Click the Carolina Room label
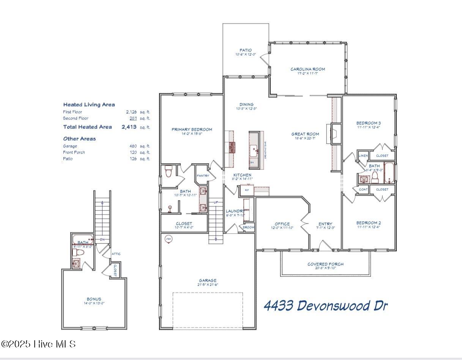coord(307,69)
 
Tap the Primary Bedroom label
coord(192,129)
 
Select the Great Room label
coord(305,134)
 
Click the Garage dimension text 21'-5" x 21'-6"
coord(208,285)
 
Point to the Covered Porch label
coord(325,264)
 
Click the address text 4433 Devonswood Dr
coord(325,305)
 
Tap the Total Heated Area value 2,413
coord(129,127)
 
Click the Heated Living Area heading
coord(89,104)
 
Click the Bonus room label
coord(94,299)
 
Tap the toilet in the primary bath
coord(169,172)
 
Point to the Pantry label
coord(203,176)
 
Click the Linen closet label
coord(363,156)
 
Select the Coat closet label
coord(363,189)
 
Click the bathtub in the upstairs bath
coord(83,239)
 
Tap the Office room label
coord(282,224)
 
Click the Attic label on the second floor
coord(116,254)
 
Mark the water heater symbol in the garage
coord(168,239)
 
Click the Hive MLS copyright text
coord(38,344)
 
